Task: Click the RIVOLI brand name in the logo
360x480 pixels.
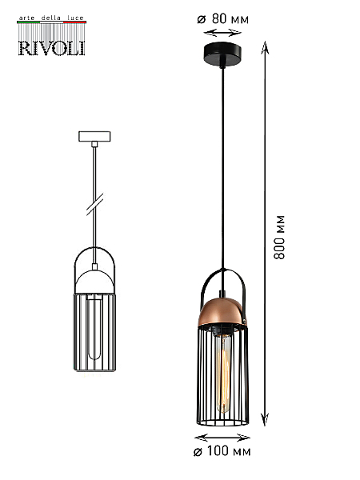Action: coord(52,48)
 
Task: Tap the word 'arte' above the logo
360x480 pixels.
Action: coord(27,18)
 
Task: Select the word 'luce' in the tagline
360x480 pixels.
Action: coord(75,18)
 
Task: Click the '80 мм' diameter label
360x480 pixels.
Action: coord(230,19)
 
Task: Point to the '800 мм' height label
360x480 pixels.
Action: coord(279,238)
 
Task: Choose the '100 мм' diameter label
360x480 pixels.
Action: coord(229,451)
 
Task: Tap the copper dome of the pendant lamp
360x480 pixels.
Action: coord(223,312)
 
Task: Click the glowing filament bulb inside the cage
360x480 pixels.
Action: coord(223,373)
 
